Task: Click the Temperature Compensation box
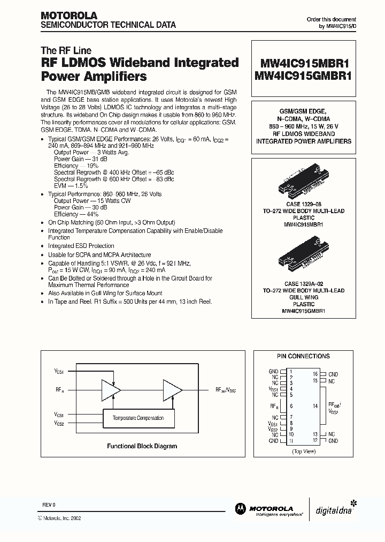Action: [x=138, y=418]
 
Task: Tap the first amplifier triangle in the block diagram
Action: [x=110, y=390]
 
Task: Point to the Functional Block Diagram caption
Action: [x=142, y=446]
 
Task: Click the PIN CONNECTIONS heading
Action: [x=303, y=356]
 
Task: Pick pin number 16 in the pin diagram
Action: [x=315, y=374]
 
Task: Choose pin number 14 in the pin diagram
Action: [x=315, y=406]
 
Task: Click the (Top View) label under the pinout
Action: [x=303, y=451]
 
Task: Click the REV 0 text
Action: [x=49, y=505]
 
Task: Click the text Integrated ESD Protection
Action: [x=81, y=246]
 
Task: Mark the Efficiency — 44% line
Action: [x=75, y=214]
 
